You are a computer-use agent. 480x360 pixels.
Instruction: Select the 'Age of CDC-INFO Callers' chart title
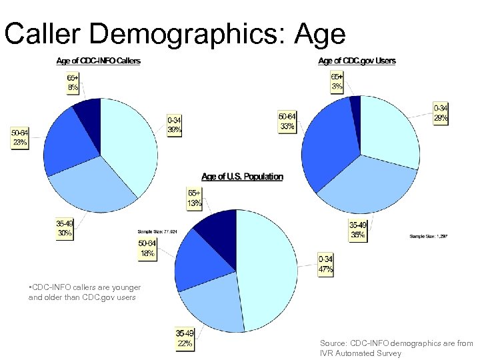(99, 61)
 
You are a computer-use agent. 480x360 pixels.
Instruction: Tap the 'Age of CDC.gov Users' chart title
(357, 61)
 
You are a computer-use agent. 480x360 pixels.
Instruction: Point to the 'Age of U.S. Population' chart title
(241, 177)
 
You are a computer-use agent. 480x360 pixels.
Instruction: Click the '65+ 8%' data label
(72, 82)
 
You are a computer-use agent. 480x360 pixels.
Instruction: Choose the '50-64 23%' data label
(19, 137)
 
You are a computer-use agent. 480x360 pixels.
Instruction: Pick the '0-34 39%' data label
(175, 125)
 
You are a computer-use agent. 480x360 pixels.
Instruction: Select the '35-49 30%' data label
(65, 229)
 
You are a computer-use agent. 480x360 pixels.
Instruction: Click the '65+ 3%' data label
(337, 82)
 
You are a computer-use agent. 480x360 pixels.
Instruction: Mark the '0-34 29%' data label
(441, 112)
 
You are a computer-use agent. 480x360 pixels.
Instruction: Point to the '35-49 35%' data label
(358, 231)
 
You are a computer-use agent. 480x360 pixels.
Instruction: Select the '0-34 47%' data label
(326, 265)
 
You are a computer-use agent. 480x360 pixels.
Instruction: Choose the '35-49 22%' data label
(184, 339)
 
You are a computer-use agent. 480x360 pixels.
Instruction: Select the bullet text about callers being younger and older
(84, 292)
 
